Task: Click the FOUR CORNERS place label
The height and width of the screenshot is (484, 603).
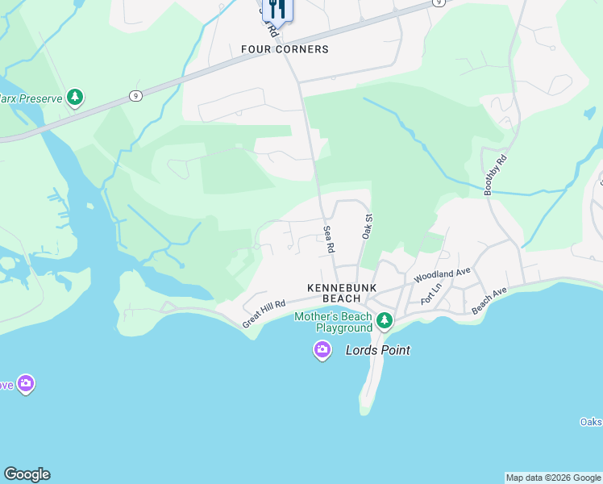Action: click(x=285, y=49)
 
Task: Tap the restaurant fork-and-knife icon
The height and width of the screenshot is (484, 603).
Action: click(x=277, y=9)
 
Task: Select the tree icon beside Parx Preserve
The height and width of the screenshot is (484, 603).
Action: click(x=75, y=98)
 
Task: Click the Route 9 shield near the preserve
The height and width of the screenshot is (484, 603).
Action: click(x=135, y=96)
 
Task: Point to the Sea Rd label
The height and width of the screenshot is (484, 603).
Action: click(x=329, y=240)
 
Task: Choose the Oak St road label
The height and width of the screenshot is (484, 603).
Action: click(x=367, y=226)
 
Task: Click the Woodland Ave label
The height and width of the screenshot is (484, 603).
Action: click(x=442, y=275)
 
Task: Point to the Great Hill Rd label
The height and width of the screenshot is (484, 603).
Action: click(x=264, y=314)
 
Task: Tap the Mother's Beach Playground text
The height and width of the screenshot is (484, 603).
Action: click(x=333, y=323)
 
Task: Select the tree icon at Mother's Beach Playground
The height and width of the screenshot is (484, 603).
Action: click(x=385, y=322)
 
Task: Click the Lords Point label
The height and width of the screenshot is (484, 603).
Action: click(x=378, y=350)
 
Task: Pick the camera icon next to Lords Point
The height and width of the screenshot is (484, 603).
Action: click(x=322, y=350)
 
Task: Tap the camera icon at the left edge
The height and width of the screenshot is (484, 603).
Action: click(x=26, y=384)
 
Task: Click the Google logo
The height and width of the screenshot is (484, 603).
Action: click(x=27, y=474)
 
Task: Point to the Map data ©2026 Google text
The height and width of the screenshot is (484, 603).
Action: click(x=553, y=478)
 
